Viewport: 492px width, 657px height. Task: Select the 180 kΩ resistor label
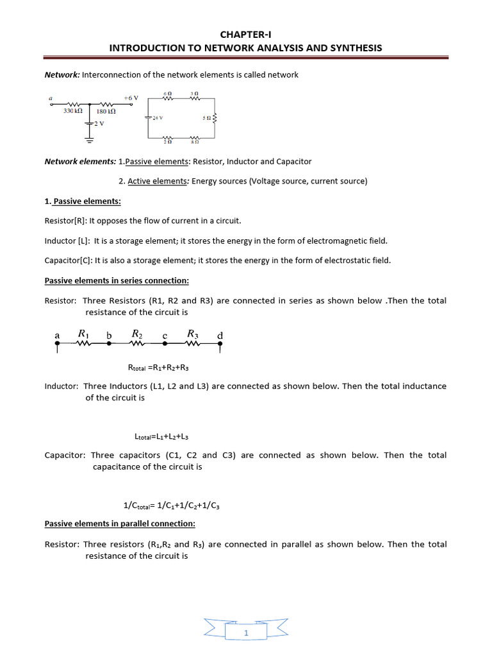tap(106, 111)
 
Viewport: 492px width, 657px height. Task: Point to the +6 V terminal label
tap(131, 98)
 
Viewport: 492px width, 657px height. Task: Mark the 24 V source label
tap(158, 118)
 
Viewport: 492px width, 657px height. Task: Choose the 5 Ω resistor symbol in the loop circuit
tap(214, 118)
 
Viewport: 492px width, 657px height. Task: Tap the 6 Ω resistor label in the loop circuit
tap(168, 94)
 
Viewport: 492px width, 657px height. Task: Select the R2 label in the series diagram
tap(137, 334)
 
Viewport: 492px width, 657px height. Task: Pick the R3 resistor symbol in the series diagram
tap(193, 343)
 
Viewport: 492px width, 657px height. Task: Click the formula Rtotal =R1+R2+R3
tap(158, 368)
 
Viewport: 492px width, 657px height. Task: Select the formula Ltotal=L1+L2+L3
tap(161, 436)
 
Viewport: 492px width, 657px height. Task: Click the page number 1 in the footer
tap(245, 634)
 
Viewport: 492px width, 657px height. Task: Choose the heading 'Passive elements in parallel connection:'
tap(115, 524)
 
